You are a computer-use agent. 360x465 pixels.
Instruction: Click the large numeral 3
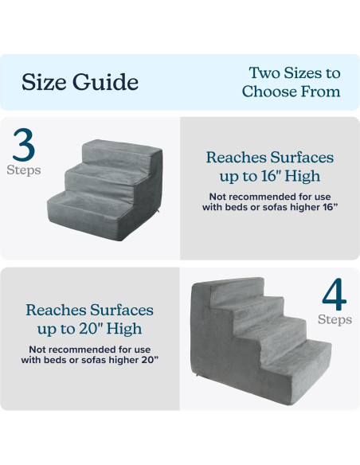pyautogui.click(x=24, y=145)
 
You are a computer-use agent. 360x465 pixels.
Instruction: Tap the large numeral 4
pyautogui.click(x=335, y=294)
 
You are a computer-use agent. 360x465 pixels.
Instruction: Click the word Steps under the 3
pyautogui.click(x=24, y=170)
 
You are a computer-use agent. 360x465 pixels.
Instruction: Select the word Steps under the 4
pyautogui.click(x=335, y=319)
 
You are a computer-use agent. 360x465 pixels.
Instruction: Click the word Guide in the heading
pyautogui.click(x=106, y=82)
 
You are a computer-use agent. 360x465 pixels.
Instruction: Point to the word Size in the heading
pyautogui.click(x=44, y=82)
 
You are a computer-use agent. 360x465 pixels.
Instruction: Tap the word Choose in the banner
pyautogui.click(x=268, y=92)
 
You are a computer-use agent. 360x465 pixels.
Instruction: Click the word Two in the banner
pyautogui.click(x=264, y=73)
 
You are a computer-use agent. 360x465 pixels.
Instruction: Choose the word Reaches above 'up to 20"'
pyautogui.click(x=57, y=310)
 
